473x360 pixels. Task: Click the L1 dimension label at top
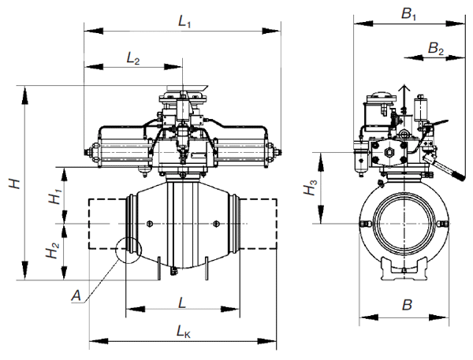point(184,21)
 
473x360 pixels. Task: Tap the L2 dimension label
point(133,58)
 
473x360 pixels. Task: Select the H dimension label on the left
point(15,184)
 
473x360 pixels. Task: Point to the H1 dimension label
point(55,196)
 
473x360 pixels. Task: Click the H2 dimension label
point(52,250)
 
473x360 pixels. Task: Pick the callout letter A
point(76,295)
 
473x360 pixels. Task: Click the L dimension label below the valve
point(182,302)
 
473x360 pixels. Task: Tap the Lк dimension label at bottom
point(184,332)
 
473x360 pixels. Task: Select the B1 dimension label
point(408,13)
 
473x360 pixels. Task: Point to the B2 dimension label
point(436,48)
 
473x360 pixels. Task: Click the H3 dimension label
point(311,187)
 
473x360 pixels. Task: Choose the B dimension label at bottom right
point(407,305)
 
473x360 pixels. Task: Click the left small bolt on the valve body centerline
point(149,224)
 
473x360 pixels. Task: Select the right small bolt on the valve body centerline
point(216,224)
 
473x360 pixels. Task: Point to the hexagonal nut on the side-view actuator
point(389,153)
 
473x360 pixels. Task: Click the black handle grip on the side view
point(458,176)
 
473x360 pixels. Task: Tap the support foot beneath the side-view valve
point(404,269)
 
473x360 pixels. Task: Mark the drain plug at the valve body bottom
point(173,271)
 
